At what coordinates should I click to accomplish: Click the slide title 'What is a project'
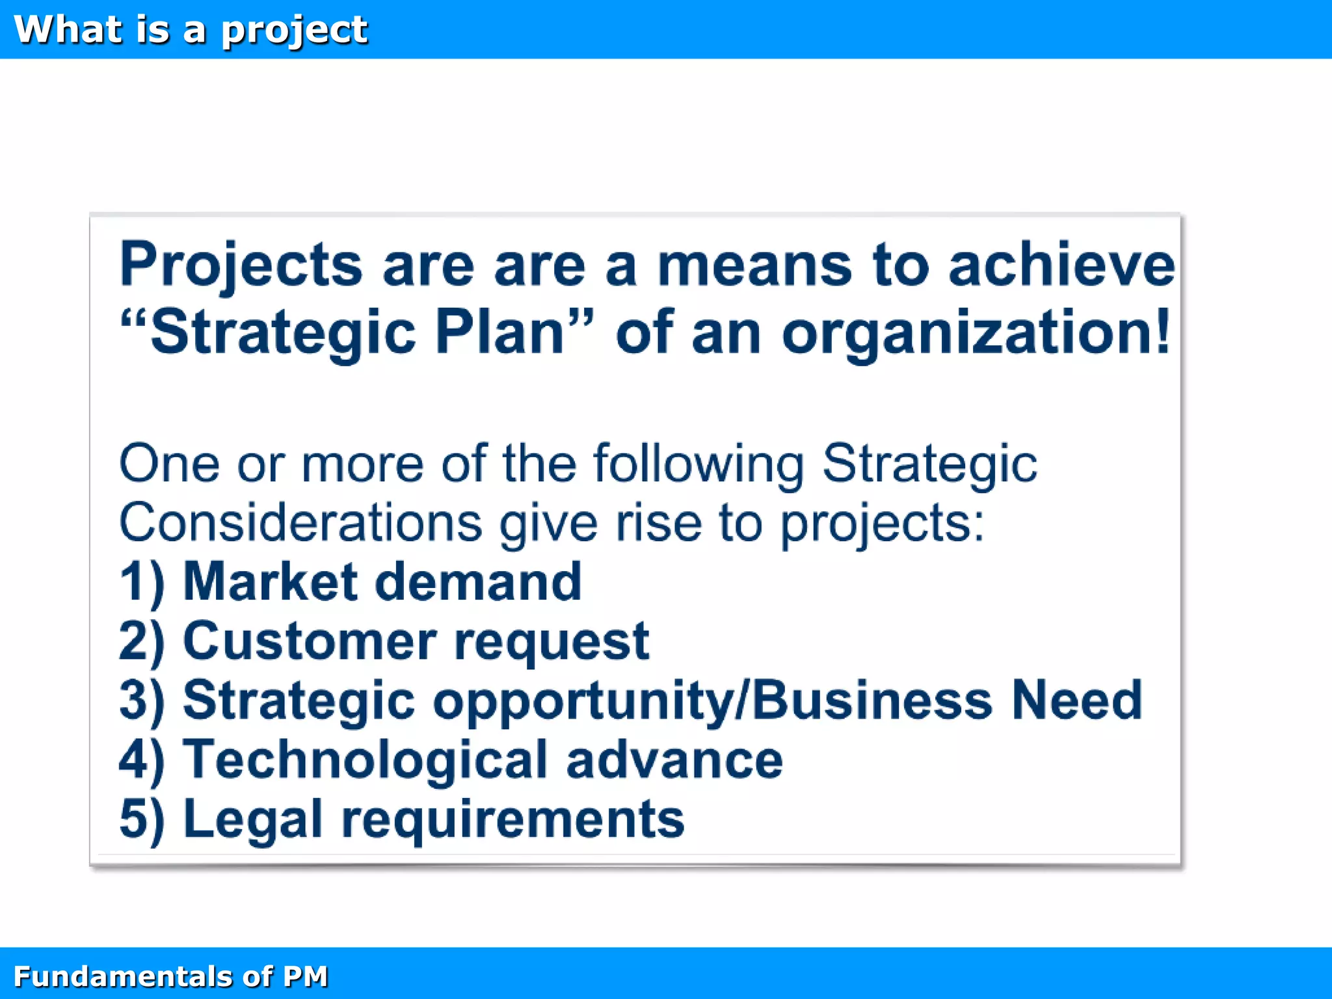coord(191,30)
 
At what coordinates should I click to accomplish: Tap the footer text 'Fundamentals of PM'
coord(170,976)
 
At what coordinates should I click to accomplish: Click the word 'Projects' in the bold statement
coord(241,265)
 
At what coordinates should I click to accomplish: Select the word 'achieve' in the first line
coord(1061,265)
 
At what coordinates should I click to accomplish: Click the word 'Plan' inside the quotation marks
coord(499,333)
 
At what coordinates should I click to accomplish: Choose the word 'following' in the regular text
coord(699,464)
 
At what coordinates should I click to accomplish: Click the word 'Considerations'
coord(300,523)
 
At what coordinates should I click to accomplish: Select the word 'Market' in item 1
coord(269,581)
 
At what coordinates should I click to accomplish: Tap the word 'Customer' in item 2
coord(310,641)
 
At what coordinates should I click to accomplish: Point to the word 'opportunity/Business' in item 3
coord(712,701)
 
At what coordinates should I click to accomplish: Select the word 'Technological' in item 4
coord(365,760)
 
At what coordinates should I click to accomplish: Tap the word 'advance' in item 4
coord(674,760)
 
